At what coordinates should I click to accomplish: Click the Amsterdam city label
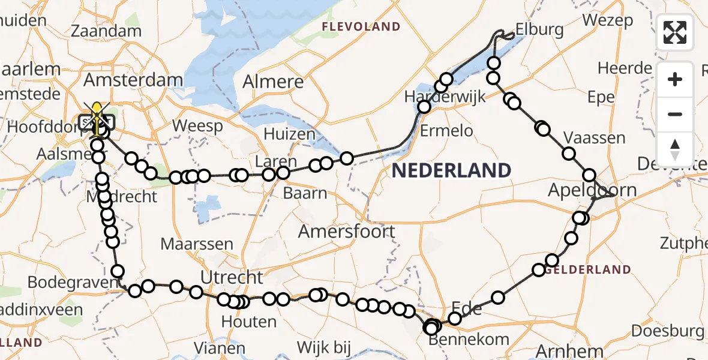133,80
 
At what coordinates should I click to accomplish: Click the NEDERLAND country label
451,170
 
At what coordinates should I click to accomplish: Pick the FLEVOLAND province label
361,26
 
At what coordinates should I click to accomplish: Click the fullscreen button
675,32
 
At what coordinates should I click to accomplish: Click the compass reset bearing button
675,149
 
